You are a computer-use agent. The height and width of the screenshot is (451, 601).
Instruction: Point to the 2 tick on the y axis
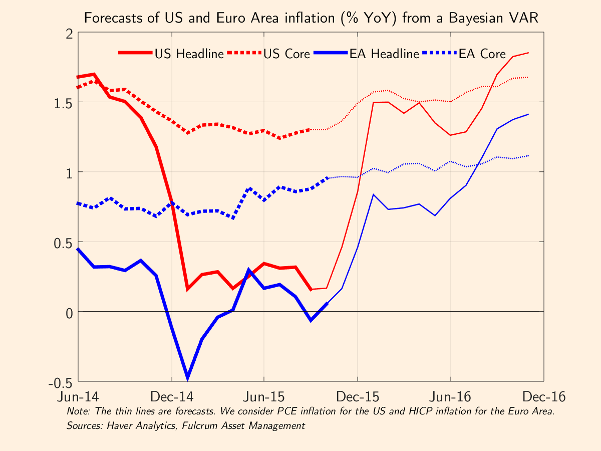[x=68, y=33]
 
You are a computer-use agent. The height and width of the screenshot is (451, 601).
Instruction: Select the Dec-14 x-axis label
[x=172, y=397]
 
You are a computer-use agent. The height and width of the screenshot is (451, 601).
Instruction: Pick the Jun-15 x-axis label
[x=264, y=397]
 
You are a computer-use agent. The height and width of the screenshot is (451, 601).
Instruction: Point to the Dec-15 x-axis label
[x=358, y=397]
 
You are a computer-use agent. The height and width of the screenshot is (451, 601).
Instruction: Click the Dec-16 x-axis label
[x=543, y=397]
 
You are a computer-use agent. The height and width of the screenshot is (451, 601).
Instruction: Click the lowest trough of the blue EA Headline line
[x=187, y=377]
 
